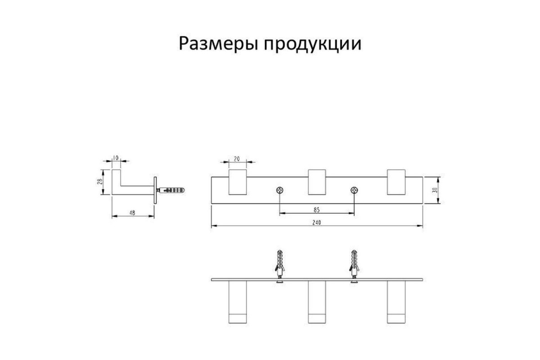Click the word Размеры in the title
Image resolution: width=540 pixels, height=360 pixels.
pos(219,44)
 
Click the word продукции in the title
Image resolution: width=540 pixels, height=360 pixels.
pos(313,44)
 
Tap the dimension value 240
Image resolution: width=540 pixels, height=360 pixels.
pos(316,223)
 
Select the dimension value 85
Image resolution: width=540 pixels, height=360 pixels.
pos(316,210)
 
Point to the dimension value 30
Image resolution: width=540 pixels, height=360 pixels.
pos(435,190)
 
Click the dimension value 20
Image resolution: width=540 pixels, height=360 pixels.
pos(237,159)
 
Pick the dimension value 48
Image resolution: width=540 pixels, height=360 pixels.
pos(132,213)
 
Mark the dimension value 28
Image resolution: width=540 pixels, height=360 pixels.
pos(99,181)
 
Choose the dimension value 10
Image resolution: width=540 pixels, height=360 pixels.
pos(116,158)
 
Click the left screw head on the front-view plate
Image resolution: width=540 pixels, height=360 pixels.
pos(279,190)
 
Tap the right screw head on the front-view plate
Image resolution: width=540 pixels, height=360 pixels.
pos(354,190)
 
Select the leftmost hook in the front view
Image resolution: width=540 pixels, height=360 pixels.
pos(238,182)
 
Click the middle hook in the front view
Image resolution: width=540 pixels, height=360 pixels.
pos(317,182)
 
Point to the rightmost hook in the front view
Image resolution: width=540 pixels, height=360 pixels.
pos(396,182)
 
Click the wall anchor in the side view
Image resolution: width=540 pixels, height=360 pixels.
pos(171,190)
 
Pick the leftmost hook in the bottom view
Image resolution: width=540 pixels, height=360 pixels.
pos(238,302)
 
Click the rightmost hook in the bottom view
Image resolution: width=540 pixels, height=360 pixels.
pos(396,302)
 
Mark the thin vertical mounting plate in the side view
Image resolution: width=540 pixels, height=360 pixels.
pos(155,190)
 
